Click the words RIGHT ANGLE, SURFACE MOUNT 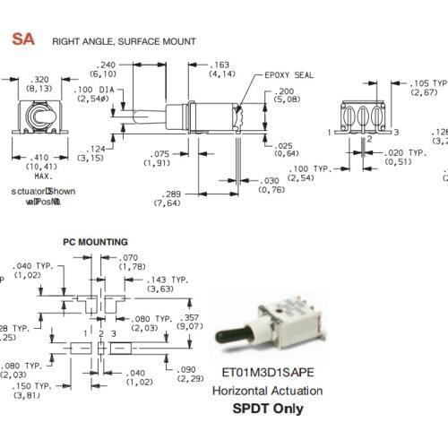(124, 41)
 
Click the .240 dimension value (108, 65)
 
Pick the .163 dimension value (221, 65)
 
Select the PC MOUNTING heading (95, 242)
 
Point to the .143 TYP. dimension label (168, 280)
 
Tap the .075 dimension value (162, 152)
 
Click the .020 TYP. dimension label (405, 153)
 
